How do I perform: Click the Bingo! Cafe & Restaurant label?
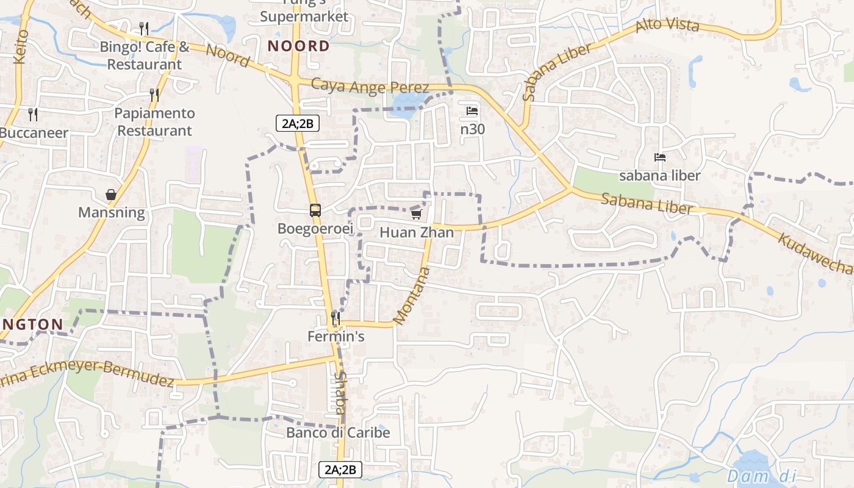tap(145, 56)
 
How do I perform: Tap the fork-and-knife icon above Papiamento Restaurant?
tap(154, 95)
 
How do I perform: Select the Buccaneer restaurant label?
tap(34, 132)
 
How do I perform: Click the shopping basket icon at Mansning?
tap(111, 195)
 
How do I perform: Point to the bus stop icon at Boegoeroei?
tap(315, 210)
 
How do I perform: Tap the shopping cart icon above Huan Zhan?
tap(417, 214)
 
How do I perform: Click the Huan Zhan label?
tap(417, 232)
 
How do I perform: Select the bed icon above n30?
tap(472, 111)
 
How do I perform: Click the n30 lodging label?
tap(472, 129)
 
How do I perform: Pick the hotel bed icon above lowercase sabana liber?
tap(660, 157)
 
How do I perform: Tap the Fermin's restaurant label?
tap(335, 336)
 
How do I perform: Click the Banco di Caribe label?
tap(338, 432)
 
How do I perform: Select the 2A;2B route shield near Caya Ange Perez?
tap(298, 123)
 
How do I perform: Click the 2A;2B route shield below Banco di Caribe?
tap(340, 470)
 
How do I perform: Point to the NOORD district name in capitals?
tap(299, 46)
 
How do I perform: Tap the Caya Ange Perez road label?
tap(370, 87)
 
